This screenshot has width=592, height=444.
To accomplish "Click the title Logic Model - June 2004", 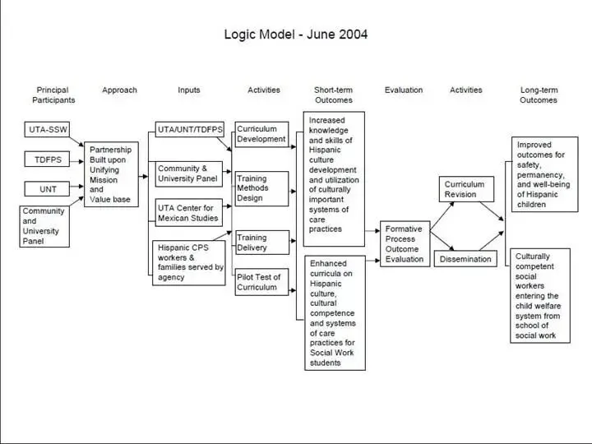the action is [x=296, y=35].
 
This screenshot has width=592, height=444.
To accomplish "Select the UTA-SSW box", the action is [x=48, y=130].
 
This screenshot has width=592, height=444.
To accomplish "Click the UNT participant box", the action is [x=48, y=189].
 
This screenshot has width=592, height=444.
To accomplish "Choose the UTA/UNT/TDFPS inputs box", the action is [x=189, y=129].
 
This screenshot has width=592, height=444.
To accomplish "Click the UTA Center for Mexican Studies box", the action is [x=188, y=212].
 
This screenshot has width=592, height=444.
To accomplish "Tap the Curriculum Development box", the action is [x=261, y=134].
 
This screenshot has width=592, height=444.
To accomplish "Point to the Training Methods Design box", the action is [x=261, y=188].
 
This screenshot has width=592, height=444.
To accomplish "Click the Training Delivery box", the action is [x=261, y=243].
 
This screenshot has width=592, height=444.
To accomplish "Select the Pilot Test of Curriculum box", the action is [x=261, y=282].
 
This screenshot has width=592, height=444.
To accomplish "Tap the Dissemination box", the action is [x=465, y=259].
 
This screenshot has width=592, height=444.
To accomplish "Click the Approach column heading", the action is [x=119, y=90].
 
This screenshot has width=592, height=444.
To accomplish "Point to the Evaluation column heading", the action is [x=404, y=90].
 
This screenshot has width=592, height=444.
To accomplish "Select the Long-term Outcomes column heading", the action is [x=539, y=95].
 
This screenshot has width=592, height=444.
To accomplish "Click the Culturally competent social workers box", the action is [x=539, y=296].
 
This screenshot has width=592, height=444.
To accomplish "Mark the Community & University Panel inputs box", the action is [x=189, y=173].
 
